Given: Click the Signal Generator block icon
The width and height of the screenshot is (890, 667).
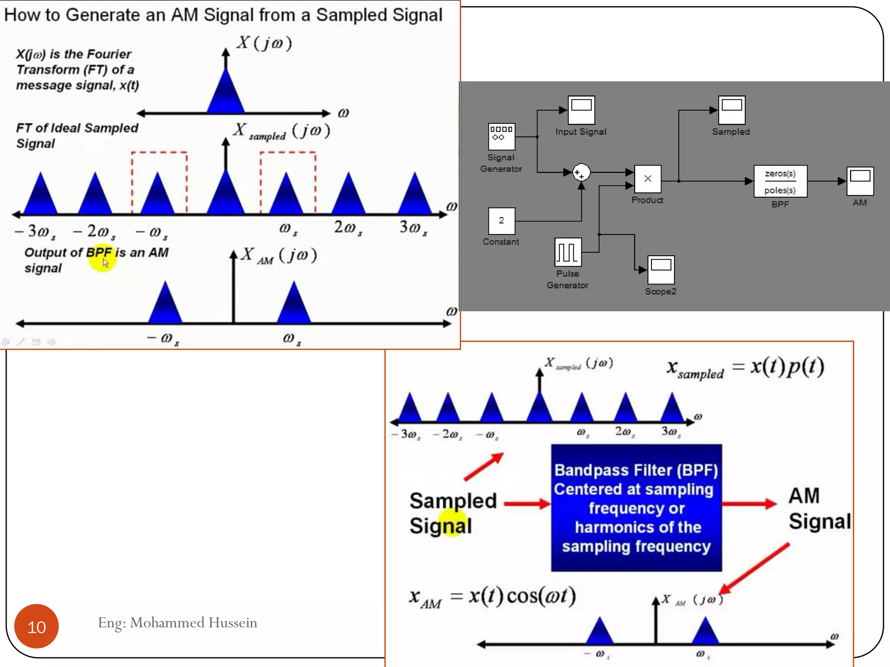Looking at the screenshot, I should click(x=501, y=136).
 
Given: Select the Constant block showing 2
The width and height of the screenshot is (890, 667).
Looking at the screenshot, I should click(x=501, y=221).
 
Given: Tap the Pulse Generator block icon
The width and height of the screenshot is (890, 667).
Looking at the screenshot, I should click(x=568, y=252).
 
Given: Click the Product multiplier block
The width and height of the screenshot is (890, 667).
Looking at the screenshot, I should click(x=648, y=179).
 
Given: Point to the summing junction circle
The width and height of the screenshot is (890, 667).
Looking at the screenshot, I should click(x=581, y=172).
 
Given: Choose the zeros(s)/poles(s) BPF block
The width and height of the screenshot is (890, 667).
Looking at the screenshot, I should click(x=780, y=182).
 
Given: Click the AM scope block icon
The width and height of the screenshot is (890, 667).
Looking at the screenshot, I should click(x=860, y=181).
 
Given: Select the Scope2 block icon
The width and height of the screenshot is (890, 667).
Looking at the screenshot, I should click(x=661, y=270).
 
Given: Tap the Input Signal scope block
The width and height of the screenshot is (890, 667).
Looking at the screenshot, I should click(x=581, y=110).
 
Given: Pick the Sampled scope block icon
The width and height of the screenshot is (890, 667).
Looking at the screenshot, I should click(x=731, y=110).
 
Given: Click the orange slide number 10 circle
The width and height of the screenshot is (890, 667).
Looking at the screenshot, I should click(x=37, y=627).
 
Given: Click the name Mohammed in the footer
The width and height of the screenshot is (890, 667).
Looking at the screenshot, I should click(x=167, y=623).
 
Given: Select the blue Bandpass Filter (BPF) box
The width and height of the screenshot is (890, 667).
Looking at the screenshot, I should click(x=636, y=508).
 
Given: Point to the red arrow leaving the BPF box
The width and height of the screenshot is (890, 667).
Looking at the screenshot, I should click(x=749, y=504).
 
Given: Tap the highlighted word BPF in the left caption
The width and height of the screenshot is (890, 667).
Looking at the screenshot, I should click(x=99, y=253).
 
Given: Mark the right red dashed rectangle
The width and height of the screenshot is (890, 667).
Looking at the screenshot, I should click(x=288, y=182).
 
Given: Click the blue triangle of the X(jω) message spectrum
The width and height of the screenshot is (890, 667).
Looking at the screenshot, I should click(x=226, y=93).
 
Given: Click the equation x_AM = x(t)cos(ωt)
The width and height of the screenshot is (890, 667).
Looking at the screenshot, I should click(x=492, y=597).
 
